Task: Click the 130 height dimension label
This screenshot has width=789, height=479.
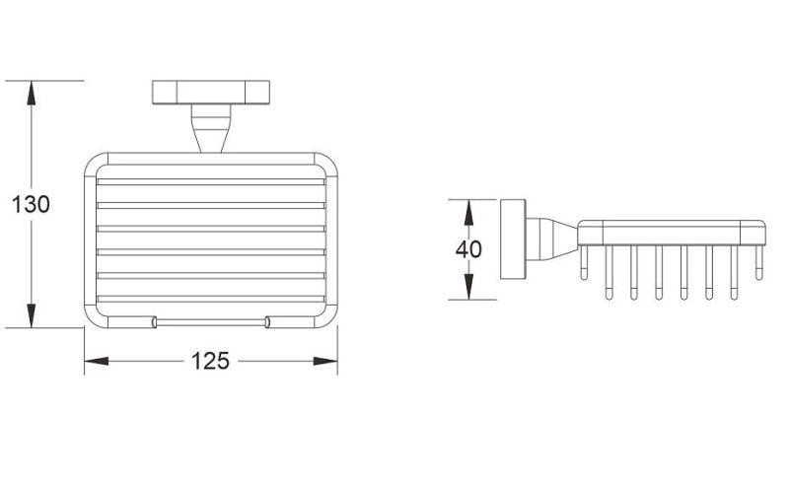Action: tap(31, 205)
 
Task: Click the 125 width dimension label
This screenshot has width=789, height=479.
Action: tap(210, 361)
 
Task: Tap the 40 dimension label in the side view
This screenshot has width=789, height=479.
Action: tap(468, 249)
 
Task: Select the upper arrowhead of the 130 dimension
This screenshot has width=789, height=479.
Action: tap(32, 93)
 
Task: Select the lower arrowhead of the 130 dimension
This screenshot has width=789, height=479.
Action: tap(32, 315)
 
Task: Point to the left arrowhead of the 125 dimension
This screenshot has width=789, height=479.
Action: tap(96, 361)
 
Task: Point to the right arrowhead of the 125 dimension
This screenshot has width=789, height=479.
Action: tap(325, 361)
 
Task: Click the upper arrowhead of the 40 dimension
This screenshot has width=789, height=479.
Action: tap(468, 212)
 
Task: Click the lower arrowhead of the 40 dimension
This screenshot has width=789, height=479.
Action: tap(468, 287)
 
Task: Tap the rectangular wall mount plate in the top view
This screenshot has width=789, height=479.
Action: tap(211, 93)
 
